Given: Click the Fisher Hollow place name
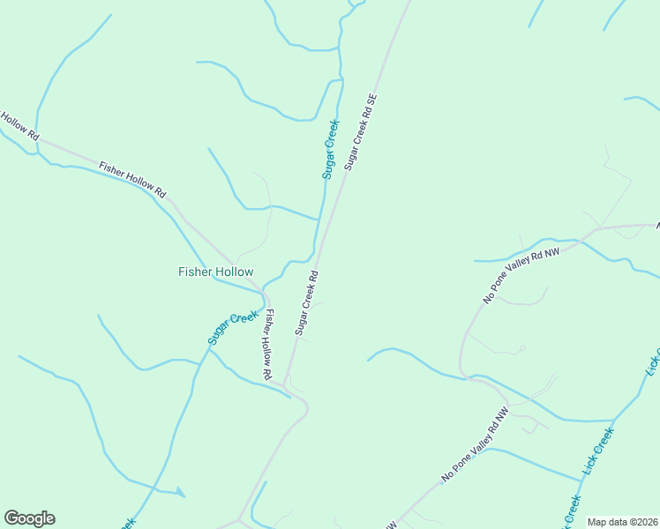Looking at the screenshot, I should click(x=216, y=272).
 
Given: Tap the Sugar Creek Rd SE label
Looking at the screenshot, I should click(x=361, y=131).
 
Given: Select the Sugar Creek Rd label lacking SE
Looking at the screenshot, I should click(x=306, y=302).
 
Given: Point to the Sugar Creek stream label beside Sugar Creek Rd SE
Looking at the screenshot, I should click(x=331, y=149).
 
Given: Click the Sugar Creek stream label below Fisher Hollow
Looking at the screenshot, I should click(x=233, y=327).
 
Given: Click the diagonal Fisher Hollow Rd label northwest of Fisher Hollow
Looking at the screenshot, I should click(x=132, y=179).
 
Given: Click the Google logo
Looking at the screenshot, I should click(x=29, y=518).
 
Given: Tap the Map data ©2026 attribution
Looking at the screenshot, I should click(x=622, y=522).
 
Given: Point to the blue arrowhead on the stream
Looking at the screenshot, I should click(x=181, y=492).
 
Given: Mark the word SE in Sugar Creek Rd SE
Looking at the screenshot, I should click(x=372, y=100).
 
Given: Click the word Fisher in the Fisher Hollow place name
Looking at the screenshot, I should click(x=196, y=272).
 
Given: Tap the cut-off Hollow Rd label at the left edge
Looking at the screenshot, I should click(x=18, y=126).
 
